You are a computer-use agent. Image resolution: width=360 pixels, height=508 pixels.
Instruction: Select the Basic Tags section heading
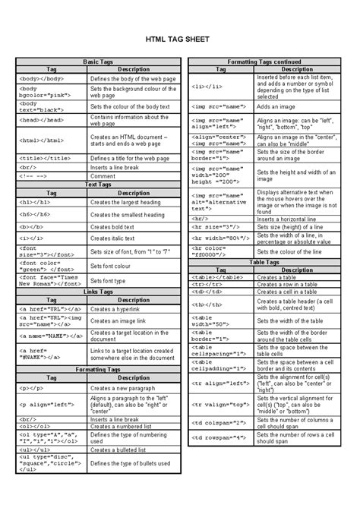(x=96, y=61)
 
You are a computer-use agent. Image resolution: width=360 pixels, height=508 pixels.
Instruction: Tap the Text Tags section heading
(x=96, y=185)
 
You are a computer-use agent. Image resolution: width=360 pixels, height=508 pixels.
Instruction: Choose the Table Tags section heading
(x=264, y=262)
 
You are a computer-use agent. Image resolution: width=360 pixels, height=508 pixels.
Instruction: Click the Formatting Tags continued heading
(x=264, y=61)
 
